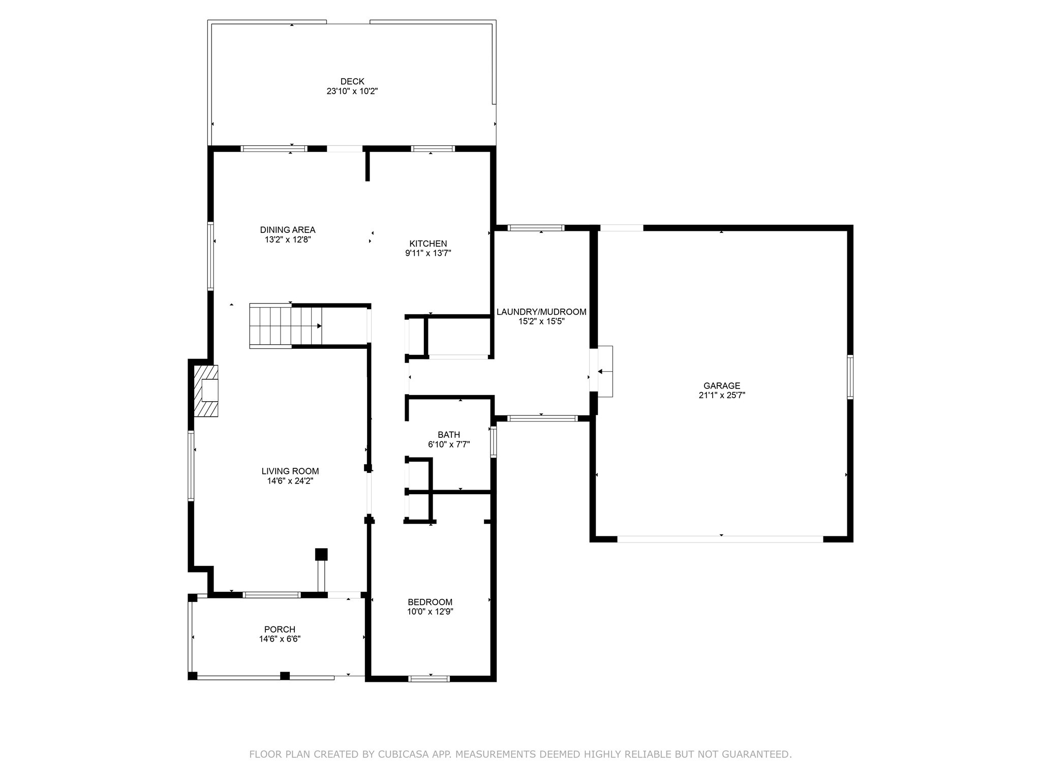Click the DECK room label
tap(352, 81)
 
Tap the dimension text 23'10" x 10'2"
tap(352, 92)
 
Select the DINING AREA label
tap(288, 230)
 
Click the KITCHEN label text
tap(428, 244)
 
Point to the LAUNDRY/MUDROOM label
tap(541, 312)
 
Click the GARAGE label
tap(722, 385)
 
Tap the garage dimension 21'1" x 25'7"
tap(722, 395)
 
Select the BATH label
tap(449, 434)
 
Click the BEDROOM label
tap(430, 602)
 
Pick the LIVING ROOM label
tap(290, 471)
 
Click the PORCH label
tap(280, 629)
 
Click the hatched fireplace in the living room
tap(206, 391)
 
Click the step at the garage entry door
tap(605, 371)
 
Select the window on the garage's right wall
tap(850, 377)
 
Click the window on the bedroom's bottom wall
tap(430, 678)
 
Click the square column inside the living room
tap(321, 554)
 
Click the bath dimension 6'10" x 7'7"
tap(449, 444)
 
